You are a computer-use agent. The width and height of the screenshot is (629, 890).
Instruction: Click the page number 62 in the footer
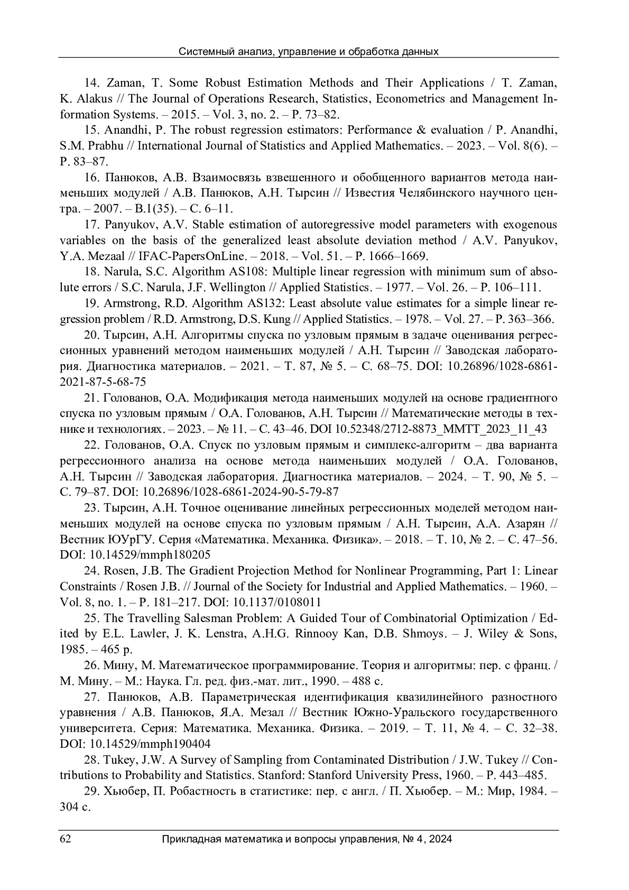(66, 839)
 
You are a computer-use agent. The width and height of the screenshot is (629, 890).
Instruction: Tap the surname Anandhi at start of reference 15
(126, 130)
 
